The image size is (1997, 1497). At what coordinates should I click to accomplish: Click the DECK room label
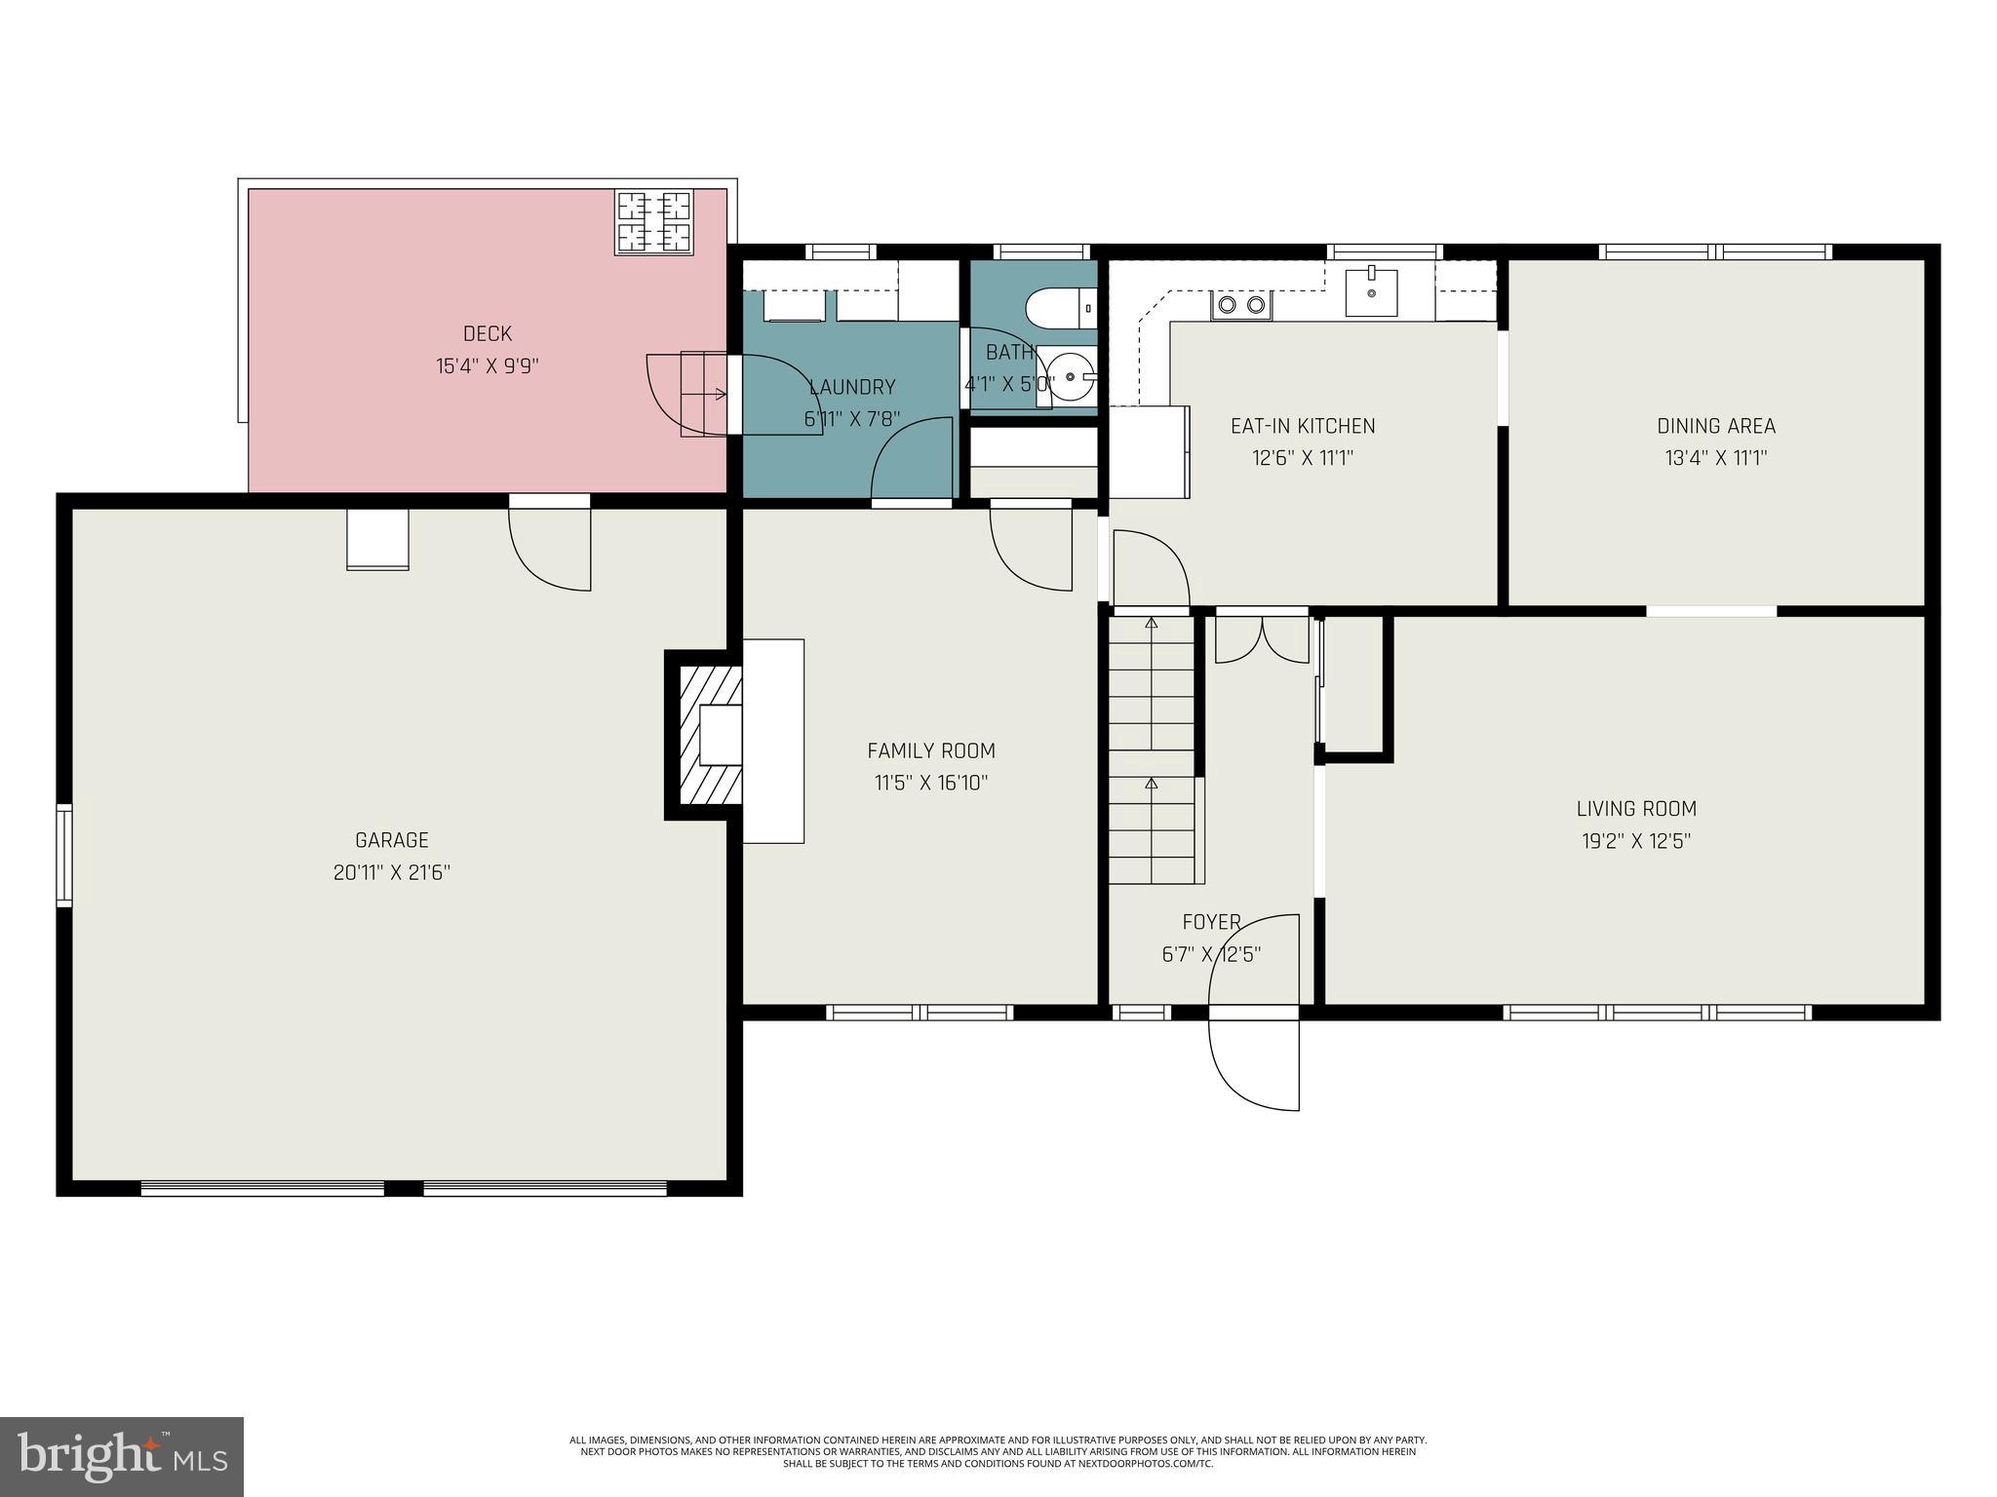coord(487,334)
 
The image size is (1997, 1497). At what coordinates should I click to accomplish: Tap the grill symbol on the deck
coord(653,221)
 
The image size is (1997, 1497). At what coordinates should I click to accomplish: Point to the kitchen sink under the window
coord(1371,291)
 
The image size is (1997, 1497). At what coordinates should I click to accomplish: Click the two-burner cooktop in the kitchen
coord(1241,306)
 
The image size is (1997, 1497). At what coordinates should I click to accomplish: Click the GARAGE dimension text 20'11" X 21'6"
coord(391,872)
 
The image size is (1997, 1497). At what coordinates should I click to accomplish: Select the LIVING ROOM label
coord(1636,808)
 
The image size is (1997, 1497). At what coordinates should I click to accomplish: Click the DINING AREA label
coord(1715,426)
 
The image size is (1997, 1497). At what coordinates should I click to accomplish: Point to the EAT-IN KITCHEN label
coord(1303,426)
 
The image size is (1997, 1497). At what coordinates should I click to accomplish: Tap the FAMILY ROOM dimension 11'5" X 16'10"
coord(930,783)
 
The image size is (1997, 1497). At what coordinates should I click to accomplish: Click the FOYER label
coord(1211,922)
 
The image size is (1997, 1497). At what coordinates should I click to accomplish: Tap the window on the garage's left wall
coord(64,855)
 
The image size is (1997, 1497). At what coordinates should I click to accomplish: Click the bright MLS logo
coord(122,1457)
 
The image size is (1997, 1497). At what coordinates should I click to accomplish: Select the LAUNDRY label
coord(851,387)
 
